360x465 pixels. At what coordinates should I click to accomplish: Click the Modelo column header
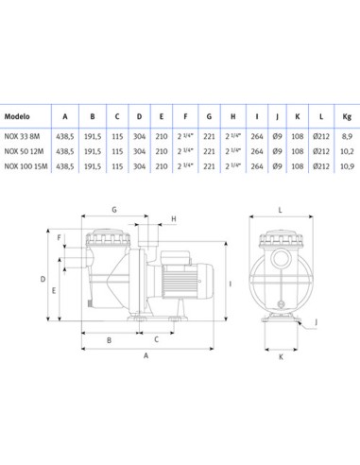coord(17,116)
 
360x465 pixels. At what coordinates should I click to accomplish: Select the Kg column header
coord(347,116)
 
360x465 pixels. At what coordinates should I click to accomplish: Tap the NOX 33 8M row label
coord(22,136)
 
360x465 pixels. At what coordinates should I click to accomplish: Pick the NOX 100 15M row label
coord(26,166)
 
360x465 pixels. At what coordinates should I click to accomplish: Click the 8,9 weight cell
coord(347,136)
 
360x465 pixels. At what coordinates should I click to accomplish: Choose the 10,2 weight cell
coord(347,151)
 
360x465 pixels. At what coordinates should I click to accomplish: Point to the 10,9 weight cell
coord(347,166)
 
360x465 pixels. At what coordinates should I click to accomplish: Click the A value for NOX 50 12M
coord(65,151)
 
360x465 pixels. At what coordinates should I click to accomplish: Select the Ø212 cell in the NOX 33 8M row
coord(321,136)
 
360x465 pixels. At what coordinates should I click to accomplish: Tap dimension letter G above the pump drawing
coord(114,209)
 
